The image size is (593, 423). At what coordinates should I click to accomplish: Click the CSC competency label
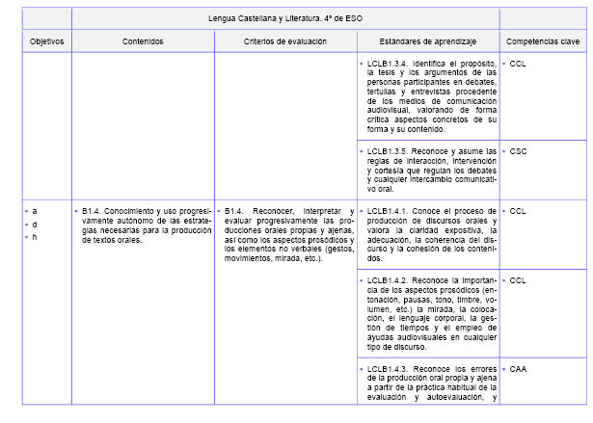518,151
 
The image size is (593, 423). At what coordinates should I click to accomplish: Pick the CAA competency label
518,368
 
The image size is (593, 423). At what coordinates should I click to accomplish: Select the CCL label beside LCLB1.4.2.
518,280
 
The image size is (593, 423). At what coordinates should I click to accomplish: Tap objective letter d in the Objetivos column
36,224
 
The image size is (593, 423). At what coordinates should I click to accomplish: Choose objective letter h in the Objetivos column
36,237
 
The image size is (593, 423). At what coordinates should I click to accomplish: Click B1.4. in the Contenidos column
93,210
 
